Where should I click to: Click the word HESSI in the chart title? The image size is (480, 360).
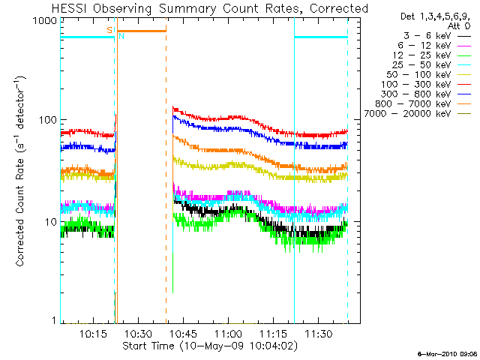click(71, 9)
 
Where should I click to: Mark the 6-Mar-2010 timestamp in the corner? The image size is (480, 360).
click(446, 353)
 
